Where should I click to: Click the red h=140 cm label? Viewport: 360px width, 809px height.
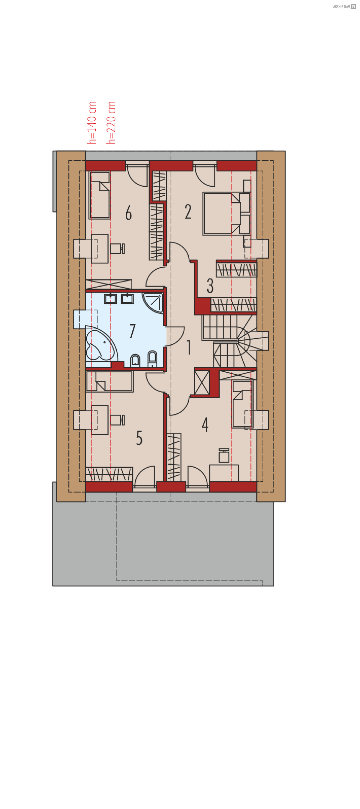coord(92,123)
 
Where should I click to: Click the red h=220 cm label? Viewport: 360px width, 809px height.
coord(111,123)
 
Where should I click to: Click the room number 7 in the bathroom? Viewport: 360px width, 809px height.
coord(132,331)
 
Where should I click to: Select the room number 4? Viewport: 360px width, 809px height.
coord(205,425)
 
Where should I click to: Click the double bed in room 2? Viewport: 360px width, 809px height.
coord(226,214)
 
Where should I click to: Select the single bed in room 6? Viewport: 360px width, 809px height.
coord(100,195)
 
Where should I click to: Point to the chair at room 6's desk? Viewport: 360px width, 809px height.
coord(117,248)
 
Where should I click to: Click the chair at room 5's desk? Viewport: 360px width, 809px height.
coord(117,420)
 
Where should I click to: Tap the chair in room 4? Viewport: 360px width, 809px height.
coord(224,456)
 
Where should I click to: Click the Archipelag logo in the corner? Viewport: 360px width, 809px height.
coord(344,6)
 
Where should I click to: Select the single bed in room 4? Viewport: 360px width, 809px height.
coord(242,404)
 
